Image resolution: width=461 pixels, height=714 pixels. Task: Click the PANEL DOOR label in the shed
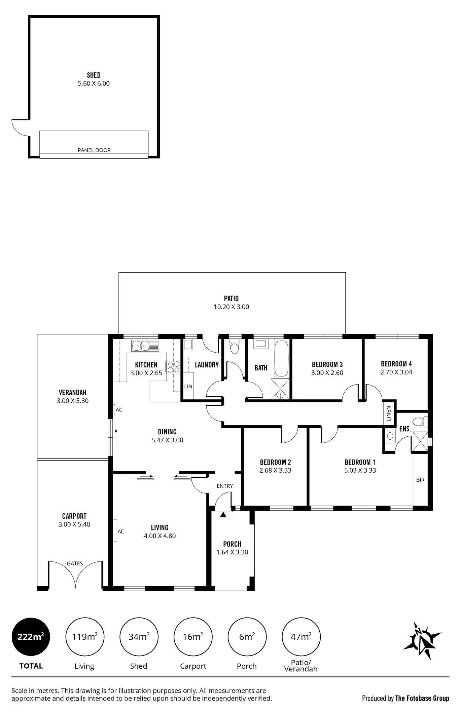point(94,150)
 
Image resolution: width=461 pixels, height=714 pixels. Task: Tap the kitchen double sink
point(145,346)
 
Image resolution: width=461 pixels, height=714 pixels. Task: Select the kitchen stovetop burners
point(173,366)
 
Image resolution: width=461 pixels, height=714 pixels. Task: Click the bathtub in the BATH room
point(282,359)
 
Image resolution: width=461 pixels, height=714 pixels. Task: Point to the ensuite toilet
point(420,422)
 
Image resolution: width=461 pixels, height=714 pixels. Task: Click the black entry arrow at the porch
point(223,515)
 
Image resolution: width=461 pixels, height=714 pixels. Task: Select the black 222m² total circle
point(31,637)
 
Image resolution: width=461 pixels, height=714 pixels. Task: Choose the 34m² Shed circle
point(139,637)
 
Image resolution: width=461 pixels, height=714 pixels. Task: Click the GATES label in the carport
point(75,563)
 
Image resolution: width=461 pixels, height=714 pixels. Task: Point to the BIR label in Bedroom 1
point(420,480)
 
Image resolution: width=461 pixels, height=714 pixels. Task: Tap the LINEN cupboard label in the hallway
point(389,413)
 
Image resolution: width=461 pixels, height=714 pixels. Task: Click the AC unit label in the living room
point(121,531)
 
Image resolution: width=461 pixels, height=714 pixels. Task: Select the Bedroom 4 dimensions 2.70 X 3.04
point(396,372)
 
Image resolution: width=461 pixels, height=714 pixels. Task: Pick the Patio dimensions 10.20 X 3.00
point(232,307)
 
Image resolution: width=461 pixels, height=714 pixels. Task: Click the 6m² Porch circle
point(247,637)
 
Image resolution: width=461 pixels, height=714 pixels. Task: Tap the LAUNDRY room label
point(207,365)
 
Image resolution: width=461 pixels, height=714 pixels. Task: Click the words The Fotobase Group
point(422,698)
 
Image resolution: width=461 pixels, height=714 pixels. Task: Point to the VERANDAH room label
point(73,392)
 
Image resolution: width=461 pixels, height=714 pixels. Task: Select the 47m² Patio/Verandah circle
point(301,637)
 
